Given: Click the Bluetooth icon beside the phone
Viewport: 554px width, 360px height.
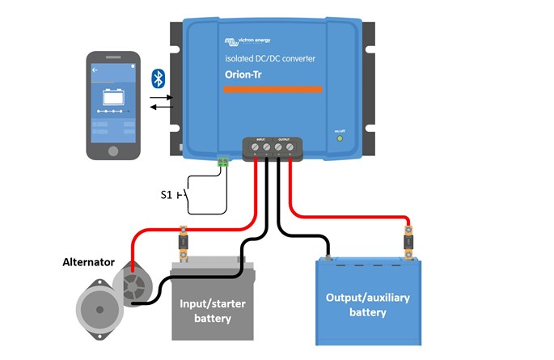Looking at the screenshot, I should (x=159, y=78).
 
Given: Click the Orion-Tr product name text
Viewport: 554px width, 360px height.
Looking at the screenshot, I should (x=247, y=74).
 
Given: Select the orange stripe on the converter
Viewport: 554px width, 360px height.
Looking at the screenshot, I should (x=273, y=90).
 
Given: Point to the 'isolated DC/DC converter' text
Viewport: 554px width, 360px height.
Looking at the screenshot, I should (x=269, y=59).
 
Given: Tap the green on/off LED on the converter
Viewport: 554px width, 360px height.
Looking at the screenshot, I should (x=340, y=138).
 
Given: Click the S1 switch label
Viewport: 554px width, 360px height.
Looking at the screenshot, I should (x=167, y=195).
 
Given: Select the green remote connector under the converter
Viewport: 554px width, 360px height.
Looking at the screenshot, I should (x=223, y=162).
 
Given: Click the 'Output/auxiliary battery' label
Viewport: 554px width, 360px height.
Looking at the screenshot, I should (x=367, y=304).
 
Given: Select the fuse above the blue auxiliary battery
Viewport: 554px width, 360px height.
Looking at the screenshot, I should (x=409, y=243).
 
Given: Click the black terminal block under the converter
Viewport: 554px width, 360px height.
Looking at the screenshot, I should (x=273, y=148).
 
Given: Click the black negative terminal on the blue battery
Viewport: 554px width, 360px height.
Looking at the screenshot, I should (x=330, y=259).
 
